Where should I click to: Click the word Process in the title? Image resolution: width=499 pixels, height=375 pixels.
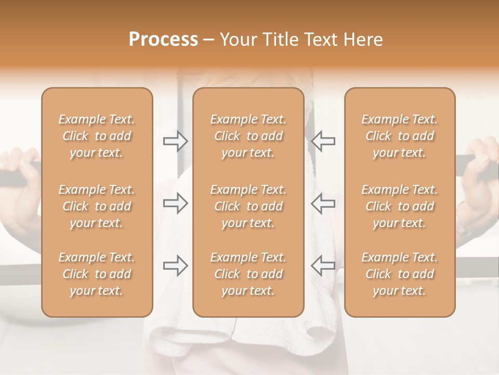click(x=163, y=40)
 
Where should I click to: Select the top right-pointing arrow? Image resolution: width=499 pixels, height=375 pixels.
click(x=176, y=141)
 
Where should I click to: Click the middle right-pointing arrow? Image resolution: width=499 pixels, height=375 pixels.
click(x=176, y=203)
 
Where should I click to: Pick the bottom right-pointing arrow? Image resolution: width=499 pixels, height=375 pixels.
click(x=176, y=265)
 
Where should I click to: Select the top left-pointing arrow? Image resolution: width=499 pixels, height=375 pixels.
click(x=323, y=141)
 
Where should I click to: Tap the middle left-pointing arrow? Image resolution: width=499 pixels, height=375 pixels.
click(x=323, y=203)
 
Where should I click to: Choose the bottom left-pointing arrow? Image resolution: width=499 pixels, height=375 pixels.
click(x=323, y=265)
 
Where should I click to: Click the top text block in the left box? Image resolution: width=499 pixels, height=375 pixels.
click(x=97, y=136)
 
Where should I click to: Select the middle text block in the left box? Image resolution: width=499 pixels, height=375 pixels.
click(x=97, y=206)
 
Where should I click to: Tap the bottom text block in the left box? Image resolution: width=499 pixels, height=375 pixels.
click(x=97, y=274)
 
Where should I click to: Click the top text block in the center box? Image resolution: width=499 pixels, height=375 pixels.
click(x=248, y=136)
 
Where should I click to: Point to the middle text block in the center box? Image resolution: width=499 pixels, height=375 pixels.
click(x=248, y=206)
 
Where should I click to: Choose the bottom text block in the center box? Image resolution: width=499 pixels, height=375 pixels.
click(x=248, y=274)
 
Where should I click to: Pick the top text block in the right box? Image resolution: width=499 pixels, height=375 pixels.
click(x=399, y=136)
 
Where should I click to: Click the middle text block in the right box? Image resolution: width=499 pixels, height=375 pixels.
click(x=399, y=206)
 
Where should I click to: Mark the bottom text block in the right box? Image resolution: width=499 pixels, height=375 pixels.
click(x=399, y=274)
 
